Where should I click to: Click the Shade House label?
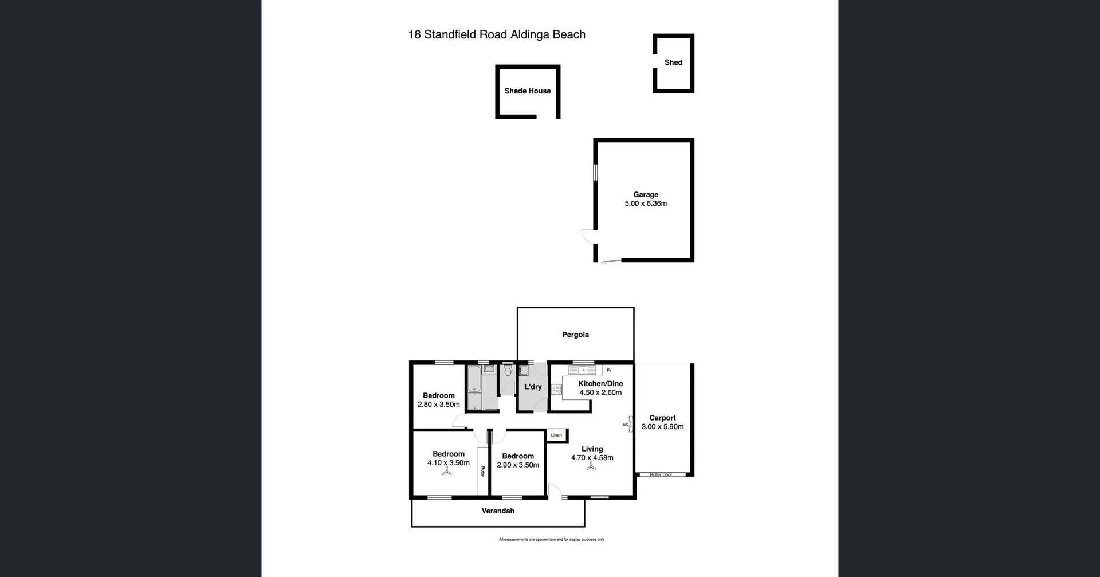[527, 91]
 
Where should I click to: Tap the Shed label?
[673, 62]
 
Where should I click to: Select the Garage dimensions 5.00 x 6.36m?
[646, 203]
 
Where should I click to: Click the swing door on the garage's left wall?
[588, 235]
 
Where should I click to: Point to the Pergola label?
[575, 335]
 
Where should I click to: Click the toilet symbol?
[508, 371]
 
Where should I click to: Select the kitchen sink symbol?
[583, 370]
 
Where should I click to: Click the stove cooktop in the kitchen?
[556, 390]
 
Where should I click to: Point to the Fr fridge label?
[609, 371]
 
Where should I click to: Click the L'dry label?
[533, 387]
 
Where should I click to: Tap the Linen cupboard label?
[556, 435]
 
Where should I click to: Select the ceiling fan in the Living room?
[591, 467]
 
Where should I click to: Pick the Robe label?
[482, 471]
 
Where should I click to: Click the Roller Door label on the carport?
[661, 474]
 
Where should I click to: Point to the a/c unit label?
[625, 424]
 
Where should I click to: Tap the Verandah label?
[498, 511]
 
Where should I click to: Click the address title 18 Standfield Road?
[496, 34]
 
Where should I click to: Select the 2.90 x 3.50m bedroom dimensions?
[518, 465]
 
